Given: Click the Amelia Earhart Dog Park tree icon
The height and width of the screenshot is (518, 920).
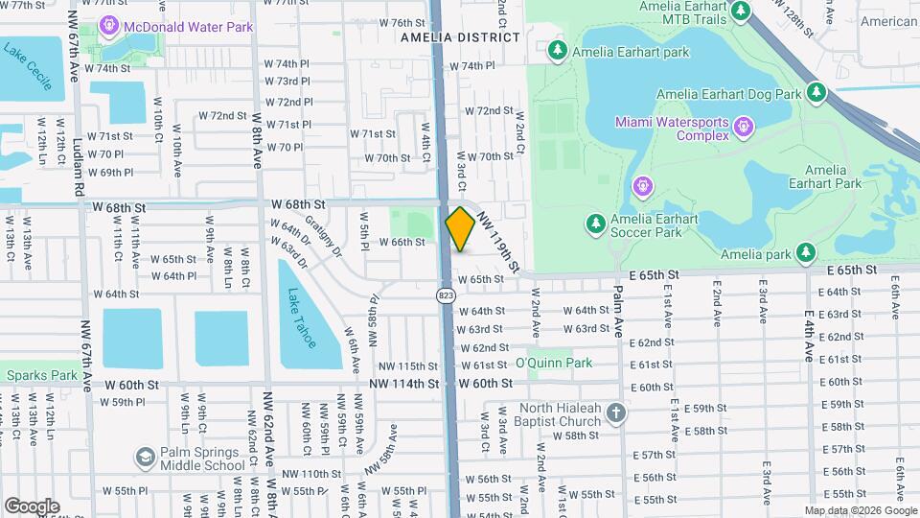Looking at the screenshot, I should [x=816, y=93].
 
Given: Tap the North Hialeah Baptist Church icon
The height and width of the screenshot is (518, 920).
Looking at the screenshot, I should [x=615, y=413].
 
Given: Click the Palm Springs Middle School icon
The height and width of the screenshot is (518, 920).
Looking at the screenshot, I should [x=146, y=458].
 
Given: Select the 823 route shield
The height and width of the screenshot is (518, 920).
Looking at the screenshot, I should [x=446, y=295].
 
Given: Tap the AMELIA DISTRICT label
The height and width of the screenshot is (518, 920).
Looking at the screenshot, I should [x=459, y=37].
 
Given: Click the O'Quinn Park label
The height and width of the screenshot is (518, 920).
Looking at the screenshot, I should [x=553, y=363].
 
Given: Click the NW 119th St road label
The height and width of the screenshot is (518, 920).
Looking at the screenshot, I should [x=499, y=240].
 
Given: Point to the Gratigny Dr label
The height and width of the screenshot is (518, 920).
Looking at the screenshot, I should [x=323, y=235].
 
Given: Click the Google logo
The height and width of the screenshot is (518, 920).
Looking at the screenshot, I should [x=32, y=506].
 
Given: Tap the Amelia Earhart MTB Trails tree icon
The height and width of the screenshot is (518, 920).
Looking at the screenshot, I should [x=740, y=11].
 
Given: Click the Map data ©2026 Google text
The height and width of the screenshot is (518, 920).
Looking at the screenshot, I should [x=859, y=509].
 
